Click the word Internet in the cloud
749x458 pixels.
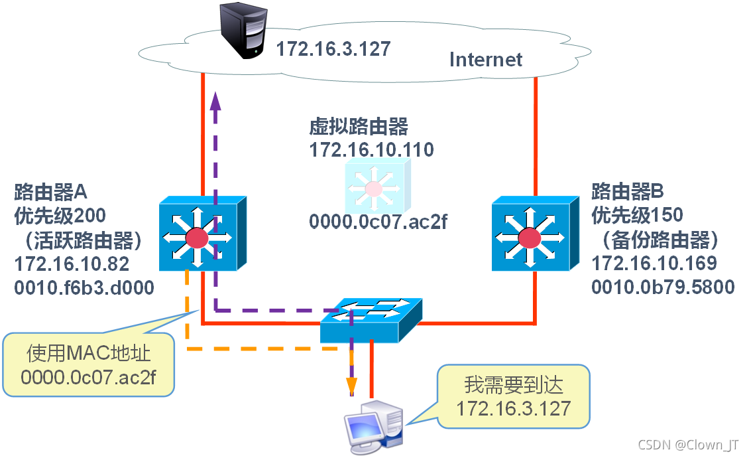tap(485, 59)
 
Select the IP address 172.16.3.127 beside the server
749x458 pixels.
tap(333, 48)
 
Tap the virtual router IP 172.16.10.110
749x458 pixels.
tap(371, 149)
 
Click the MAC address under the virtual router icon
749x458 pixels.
tap(378, 221)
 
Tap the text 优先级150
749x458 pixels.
tap(637, 215)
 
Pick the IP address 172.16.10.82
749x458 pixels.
tap(72, 264)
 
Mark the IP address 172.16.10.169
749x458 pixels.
tap(654, 264)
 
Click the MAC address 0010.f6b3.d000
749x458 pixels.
tap(84, 287)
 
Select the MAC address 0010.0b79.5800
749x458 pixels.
tap(663, 287)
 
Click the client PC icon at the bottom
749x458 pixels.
tap(374, 425)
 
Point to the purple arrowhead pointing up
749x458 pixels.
tap(214, 100)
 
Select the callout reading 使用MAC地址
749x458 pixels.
tap(89, 364)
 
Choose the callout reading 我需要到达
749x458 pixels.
tap(513, 396)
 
